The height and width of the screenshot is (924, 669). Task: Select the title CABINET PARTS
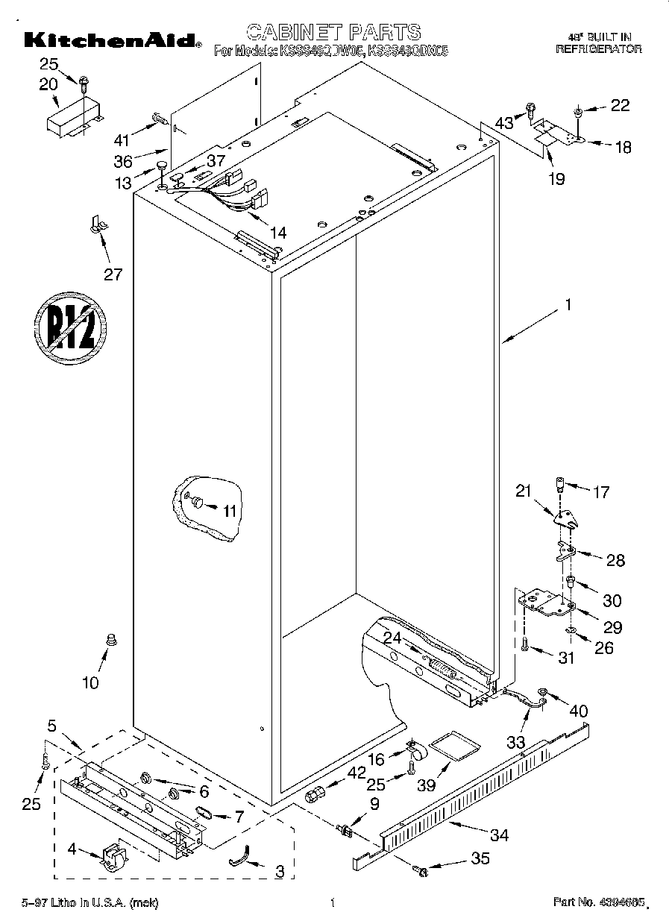tap(333, 31)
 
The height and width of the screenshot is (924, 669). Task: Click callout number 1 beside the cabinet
tap(568, 304)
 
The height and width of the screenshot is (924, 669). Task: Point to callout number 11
tap(230, 511)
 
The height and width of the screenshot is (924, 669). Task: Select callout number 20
tap(48, 84)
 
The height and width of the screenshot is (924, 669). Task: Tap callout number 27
tap(112, 274)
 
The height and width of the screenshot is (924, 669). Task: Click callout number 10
tap(90, 682)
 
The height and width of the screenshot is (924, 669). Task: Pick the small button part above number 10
tap(113, 638)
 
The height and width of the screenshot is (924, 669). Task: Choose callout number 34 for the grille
tap(498, 835)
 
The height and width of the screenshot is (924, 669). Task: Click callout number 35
tap(481, 858)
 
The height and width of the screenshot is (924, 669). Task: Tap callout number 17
tap(601, 492)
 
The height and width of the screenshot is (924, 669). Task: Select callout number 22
tap(620, 106)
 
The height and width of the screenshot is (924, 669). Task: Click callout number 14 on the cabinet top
tap(277, 231)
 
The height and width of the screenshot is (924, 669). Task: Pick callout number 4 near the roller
tap(72, 848)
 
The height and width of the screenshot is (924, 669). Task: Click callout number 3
tap(279, 870)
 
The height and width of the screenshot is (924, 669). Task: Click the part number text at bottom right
tap(597, 903)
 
